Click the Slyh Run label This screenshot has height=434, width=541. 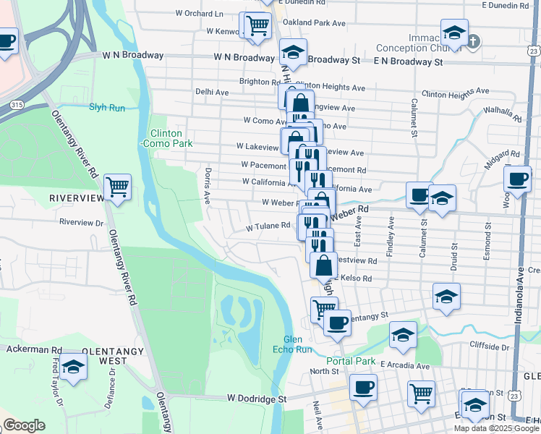107,107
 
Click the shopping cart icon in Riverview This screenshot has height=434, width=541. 117,187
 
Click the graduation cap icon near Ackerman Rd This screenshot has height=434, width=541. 72,367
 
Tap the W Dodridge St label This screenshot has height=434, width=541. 257,399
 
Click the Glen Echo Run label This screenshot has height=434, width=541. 297,344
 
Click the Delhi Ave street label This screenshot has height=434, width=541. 212,92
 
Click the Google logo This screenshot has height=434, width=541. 24,425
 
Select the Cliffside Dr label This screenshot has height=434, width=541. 490,346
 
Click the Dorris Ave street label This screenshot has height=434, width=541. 208,186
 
